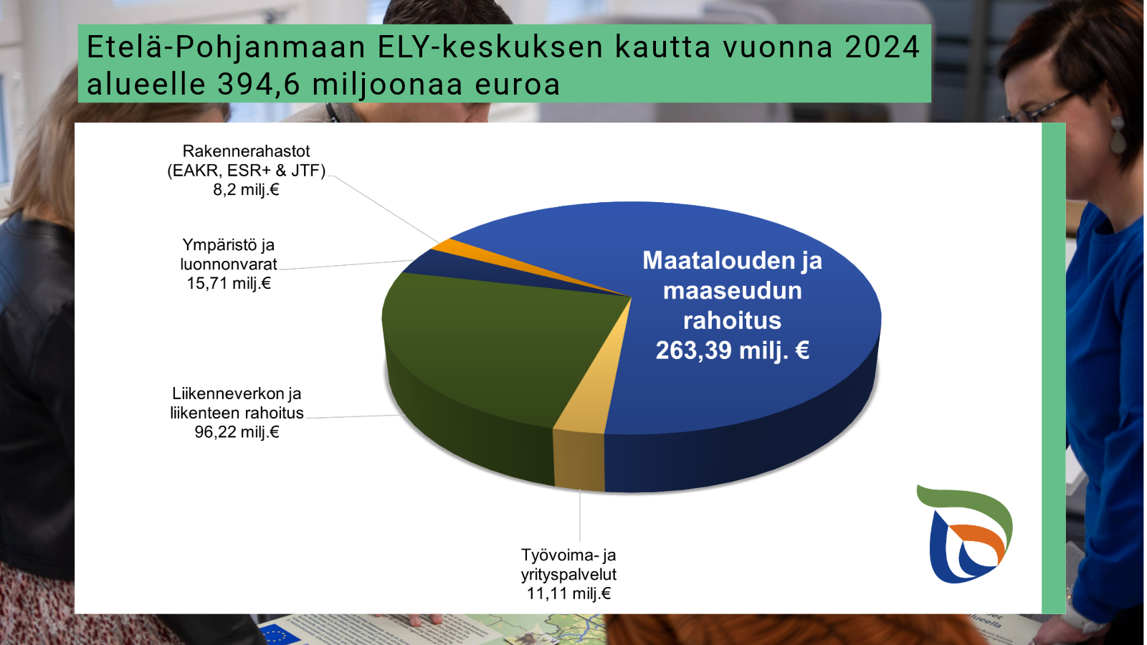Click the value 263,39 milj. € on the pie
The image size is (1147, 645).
click(x=732, y=350)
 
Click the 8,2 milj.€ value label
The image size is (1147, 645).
click(x=247, y=190)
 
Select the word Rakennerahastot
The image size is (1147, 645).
click(x=247, y=151)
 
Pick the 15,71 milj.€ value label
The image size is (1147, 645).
click(x=229, y=283)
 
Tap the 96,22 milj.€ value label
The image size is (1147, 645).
click(x=237, y=432)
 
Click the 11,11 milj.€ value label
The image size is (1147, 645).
click(x=569, y=594)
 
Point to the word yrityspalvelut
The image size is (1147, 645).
click(x=569, y=575)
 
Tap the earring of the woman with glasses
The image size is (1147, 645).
click(x=1117, y=135)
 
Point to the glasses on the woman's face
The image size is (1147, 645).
click(x=1037, y=107)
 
